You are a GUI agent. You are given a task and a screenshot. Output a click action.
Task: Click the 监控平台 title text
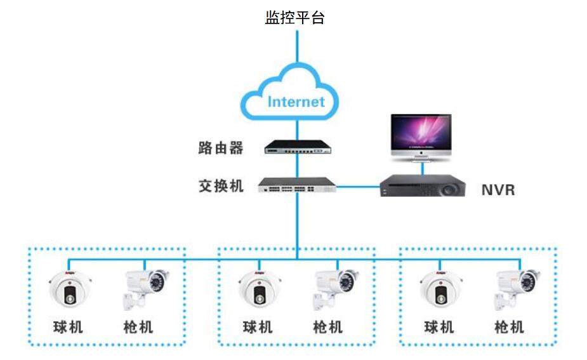click(x=294, y=18)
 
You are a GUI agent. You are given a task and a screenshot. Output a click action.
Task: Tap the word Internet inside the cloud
click(x=296, y=102)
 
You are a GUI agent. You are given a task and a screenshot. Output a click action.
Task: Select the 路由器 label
click(x=221, y=148)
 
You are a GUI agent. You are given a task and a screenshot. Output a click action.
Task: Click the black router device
click(x=298, y=147)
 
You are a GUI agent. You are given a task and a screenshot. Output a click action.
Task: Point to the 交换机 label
click(x=221, y=186)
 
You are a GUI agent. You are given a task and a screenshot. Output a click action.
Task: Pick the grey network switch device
click(x=297, y=185)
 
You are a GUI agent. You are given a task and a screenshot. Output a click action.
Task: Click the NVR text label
click(x=498, y=190)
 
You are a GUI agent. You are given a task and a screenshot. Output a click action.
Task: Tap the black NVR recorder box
click(x=423, y=186)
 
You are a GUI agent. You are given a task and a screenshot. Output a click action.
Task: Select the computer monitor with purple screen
click(x=421, y=138)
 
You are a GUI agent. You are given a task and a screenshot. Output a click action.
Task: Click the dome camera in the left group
click(x=70, y=288)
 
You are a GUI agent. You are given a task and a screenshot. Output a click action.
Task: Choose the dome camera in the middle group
click(x=260, y=288)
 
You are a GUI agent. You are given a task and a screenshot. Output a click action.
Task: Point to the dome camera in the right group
click(x=441, y=288)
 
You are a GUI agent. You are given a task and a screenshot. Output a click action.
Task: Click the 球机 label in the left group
click(x=68, y=327)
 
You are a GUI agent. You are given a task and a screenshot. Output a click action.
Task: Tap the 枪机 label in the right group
click(x=509, y=327)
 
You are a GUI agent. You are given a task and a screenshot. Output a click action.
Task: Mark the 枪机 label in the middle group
click(x=328, y=327)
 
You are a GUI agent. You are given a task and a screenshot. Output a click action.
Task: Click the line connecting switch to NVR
click(x=359, y=186)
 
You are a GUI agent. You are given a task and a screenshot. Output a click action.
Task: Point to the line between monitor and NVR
click(x=423, y=169)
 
